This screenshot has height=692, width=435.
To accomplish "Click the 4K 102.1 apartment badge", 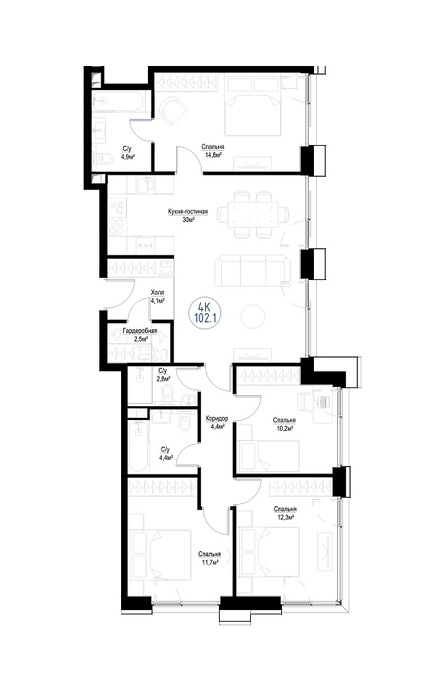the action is pos(204,313).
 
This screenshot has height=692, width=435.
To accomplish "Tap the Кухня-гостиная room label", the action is pos(188,211).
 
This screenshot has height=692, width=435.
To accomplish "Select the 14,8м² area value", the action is pos(213,155).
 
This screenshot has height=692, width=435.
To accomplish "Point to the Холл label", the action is pos(157,292).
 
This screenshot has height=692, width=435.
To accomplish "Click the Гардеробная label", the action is pos(141,331).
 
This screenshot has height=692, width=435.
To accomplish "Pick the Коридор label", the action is pos(217,419).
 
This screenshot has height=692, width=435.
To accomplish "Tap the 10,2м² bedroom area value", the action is pos(284,428).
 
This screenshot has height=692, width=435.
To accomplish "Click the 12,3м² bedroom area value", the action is pos(284,516).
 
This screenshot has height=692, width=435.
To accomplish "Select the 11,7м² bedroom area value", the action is pos(210,562).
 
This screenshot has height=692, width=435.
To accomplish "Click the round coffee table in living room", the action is pos(253,316).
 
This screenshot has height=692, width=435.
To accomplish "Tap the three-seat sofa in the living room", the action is pos(253,271).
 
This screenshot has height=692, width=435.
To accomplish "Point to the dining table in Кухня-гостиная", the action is pos(253,215).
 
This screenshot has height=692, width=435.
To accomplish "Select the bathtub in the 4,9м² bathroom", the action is pos(117,102).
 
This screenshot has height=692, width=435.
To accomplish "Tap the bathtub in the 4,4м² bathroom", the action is pos(138,446).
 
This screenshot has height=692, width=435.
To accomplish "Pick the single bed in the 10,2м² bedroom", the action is pos(270,456).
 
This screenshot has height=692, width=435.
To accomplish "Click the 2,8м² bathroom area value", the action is pos(163,379).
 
